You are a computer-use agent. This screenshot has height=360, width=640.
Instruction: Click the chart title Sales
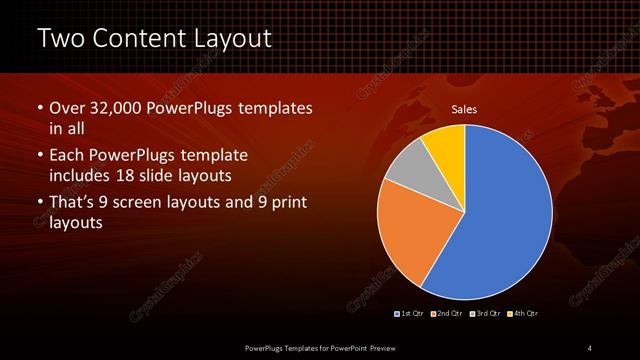pos(463,109)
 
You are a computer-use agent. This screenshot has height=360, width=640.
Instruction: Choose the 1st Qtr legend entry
pos(410,313)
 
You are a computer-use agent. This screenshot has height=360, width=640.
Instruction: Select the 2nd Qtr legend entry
pos(446,313)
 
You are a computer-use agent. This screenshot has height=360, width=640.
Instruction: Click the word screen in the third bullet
pos(154,203)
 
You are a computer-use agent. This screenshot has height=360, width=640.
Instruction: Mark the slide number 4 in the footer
pos(590,347)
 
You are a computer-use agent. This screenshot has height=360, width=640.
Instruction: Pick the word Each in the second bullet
pos(67,156)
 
